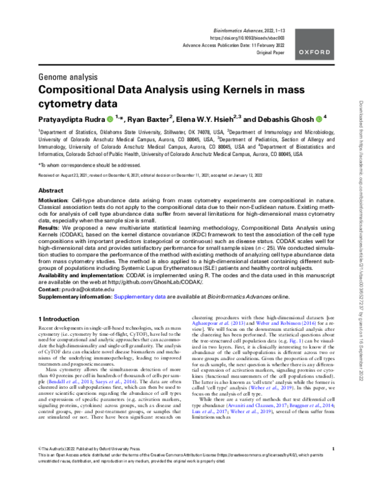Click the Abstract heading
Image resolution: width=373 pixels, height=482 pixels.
[51, 190]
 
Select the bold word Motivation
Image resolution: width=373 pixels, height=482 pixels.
[54, 203]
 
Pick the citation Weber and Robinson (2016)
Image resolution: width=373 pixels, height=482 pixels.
[283, 338]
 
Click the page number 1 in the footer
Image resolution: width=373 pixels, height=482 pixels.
[334, 465]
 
